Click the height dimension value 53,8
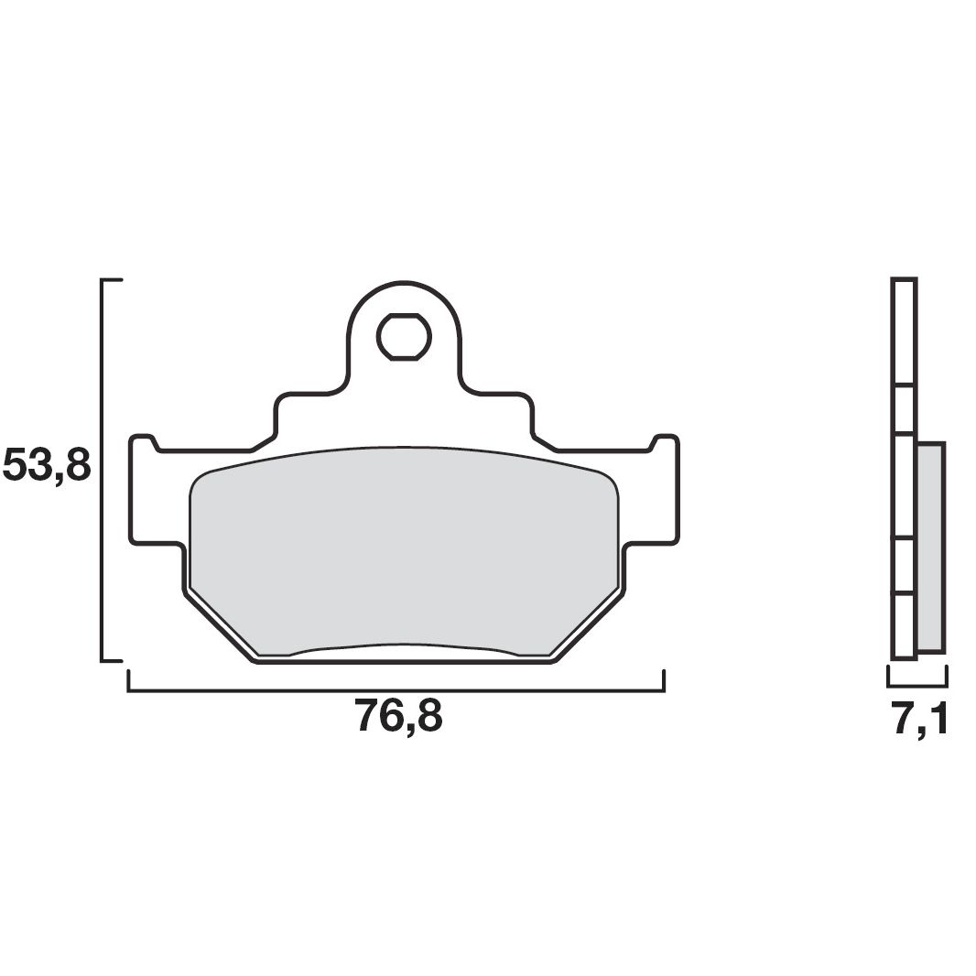pos(48,464)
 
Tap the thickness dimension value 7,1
pos(919,720)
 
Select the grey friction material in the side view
pos(930,547)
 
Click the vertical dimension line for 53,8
pos(103,469)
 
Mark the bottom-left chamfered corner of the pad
pos(220,627)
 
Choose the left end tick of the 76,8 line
pos(129,680)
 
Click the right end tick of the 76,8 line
pos(663,680)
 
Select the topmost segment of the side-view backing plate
pos(904,331)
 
